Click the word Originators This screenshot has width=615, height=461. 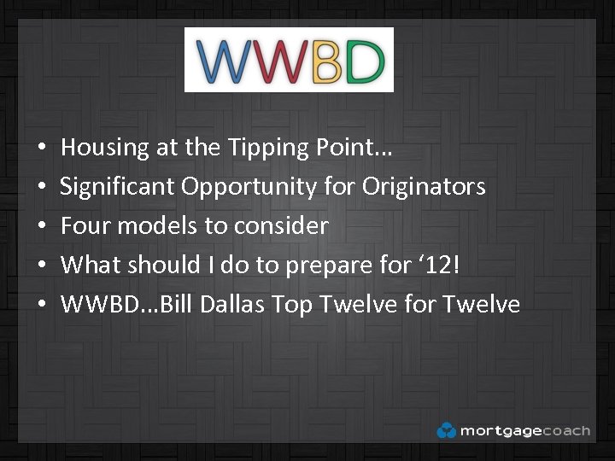[x=425, y=186]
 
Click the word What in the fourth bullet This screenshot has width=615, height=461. [x=91, y=265]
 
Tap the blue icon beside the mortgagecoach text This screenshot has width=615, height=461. [x=446, y=430]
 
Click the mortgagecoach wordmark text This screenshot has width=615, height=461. [x=524, y=430]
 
